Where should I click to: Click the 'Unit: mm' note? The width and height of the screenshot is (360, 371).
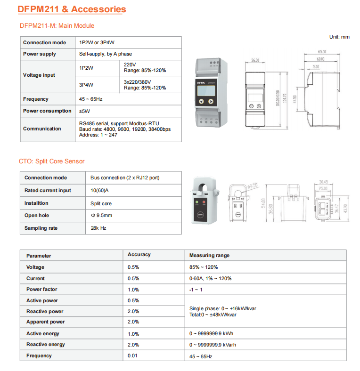(339, 37)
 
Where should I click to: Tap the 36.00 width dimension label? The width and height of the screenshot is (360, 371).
(255, 61)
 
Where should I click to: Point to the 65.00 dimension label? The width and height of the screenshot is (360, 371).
(322, 51)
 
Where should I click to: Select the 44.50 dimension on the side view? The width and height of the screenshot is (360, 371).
(295, 100)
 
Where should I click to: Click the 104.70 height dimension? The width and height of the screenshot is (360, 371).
(284, 97)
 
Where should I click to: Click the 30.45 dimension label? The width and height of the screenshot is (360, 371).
(323, 182)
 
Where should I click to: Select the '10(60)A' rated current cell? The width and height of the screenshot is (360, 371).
(99, 190)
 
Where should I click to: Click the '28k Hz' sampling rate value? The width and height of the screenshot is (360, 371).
(98, 228)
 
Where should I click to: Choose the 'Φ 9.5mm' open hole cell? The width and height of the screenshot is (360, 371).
(101, 216)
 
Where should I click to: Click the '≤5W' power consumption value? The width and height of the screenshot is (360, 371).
(84, 111)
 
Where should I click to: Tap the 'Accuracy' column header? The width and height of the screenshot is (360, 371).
(139, 255)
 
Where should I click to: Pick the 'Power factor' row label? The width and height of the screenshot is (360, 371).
(41, 290)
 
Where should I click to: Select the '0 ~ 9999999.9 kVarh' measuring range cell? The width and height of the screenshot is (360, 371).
(213, 344)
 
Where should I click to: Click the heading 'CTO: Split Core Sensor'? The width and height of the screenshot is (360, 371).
(51, 161)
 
